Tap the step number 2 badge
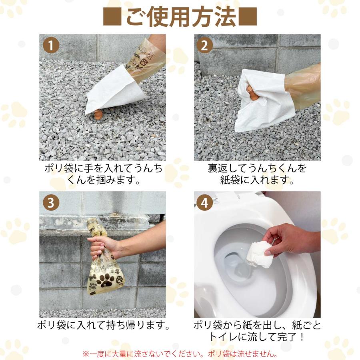click(x=204, y=45)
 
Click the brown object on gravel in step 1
click(x=98, y=114)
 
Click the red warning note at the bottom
click(x=180, y=354)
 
